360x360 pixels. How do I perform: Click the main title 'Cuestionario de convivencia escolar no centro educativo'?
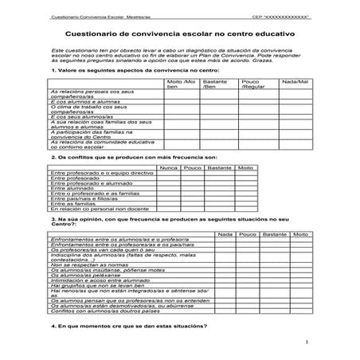tap(179, 35)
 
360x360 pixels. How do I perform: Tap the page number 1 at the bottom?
tap(306, 343)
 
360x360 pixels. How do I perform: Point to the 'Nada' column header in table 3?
tap(225, 234)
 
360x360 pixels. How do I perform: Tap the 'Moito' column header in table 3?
tap(300, 234)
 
